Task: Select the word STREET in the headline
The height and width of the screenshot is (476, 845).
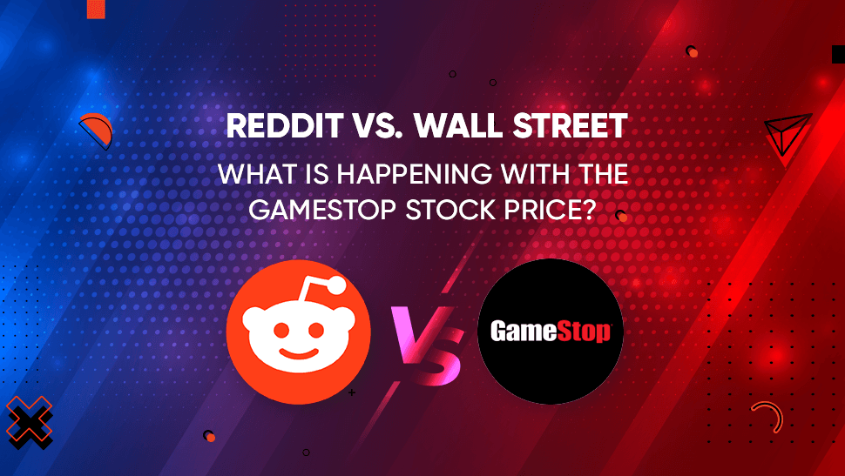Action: [572, 126]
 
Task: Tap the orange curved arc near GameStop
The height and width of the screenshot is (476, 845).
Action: [765, 415]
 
